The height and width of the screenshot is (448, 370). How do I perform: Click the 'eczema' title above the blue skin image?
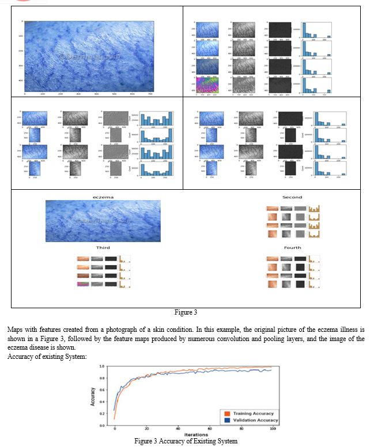(x=103, y=197)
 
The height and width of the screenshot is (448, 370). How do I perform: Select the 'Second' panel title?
(x=292, y=197)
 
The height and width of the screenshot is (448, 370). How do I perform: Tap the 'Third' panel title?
(x=103, y=248)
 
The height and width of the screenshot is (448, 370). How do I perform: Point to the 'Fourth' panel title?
(x=292, y=248)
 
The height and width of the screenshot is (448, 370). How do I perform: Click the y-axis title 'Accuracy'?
(x=93, y=396)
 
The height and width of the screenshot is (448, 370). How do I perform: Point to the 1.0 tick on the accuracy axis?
(x=101, y=366)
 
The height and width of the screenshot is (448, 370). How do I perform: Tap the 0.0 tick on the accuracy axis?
(x=101, y=426)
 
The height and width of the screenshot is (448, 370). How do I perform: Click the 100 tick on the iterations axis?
(x=273, y=430)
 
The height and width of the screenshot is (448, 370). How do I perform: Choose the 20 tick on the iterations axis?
(x=146, y=430)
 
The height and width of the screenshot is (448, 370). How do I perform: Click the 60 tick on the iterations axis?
(x=210, y=430)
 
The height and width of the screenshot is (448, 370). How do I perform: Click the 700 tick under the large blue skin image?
(x=150, y=93)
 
